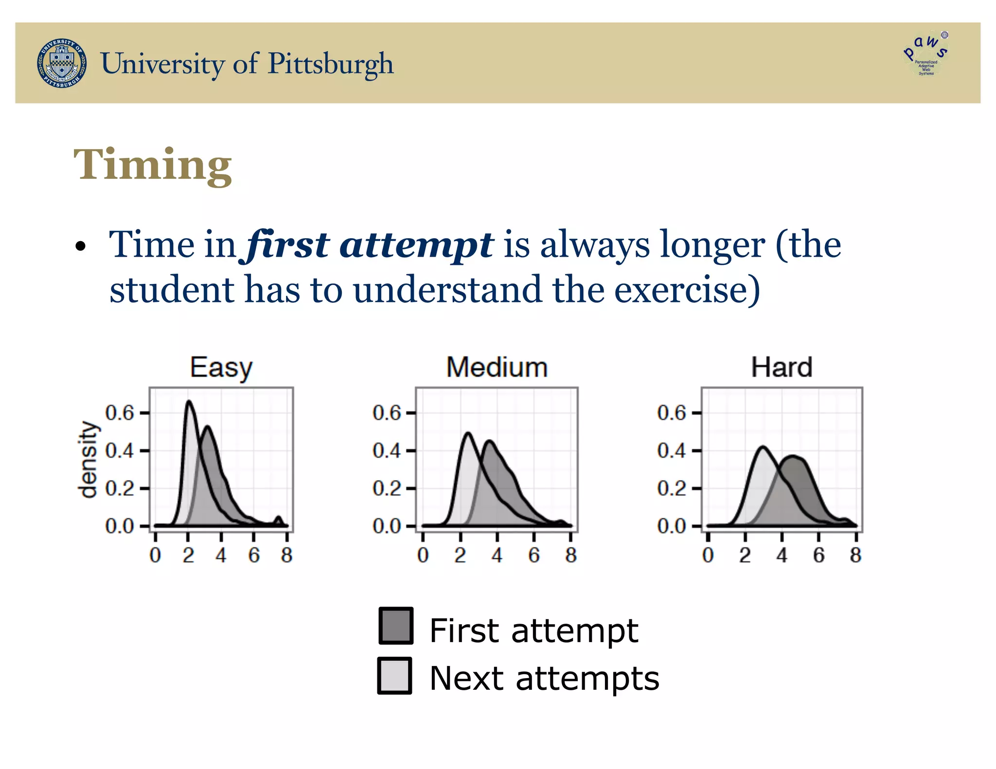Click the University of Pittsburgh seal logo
62,63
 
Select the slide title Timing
153,165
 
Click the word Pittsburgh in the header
331,64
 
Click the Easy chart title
221,368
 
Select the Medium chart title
497,367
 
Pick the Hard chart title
782,367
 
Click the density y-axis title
89,460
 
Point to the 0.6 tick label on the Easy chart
119,413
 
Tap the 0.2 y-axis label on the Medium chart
387,489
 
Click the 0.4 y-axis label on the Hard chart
671,451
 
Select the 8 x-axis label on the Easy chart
287,555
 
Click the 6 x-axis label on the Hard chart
819,555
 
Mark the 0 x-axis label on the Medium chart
423,555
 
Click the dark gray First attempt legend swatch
396,626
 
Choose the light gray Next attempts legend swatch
395,676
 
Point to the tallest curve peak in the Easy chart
189,402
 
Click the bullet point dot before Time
81,246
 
